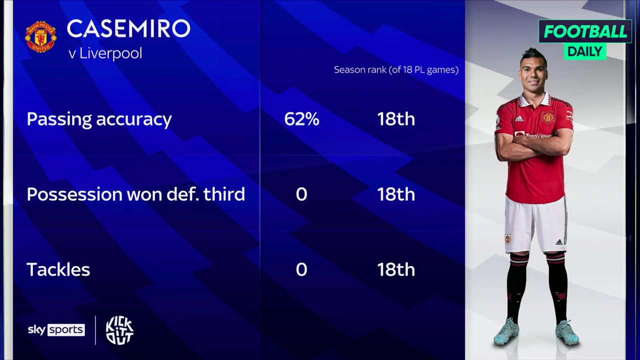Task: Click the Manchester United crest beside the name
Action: coord(41,36)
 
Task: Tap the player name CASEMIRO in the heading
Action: coord(128,28)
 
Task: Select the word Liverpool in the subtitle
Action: coord(111,53)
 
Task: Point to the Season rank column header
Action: coord(396,70)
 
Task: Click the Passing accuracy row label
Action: coord(99,119)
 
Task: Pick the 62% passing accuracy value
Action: coord(301,119)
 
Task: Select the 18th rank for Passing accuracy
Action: coord(396,119)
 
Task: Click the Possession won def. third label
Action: coord(135,194)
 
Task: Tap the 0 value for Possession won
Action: coord(301,194)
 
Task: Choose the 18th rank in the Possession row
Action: coord(396,194)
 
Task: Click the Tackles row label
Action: coord(58,269)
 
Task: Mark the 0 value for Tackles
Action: coord(301,269)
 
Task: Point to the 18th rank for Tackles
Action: coord(396,269)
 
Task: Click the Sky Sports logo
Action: coord(56,330)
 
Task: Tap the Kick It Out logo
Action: coord(119,330)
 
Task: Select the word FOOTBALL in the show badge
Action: coord(585,31)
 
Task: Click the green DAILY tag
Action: coord(585,51)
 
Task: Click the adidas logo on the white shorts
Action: coord(559,242)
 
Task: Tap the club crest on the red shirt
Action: coord(548,117)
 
